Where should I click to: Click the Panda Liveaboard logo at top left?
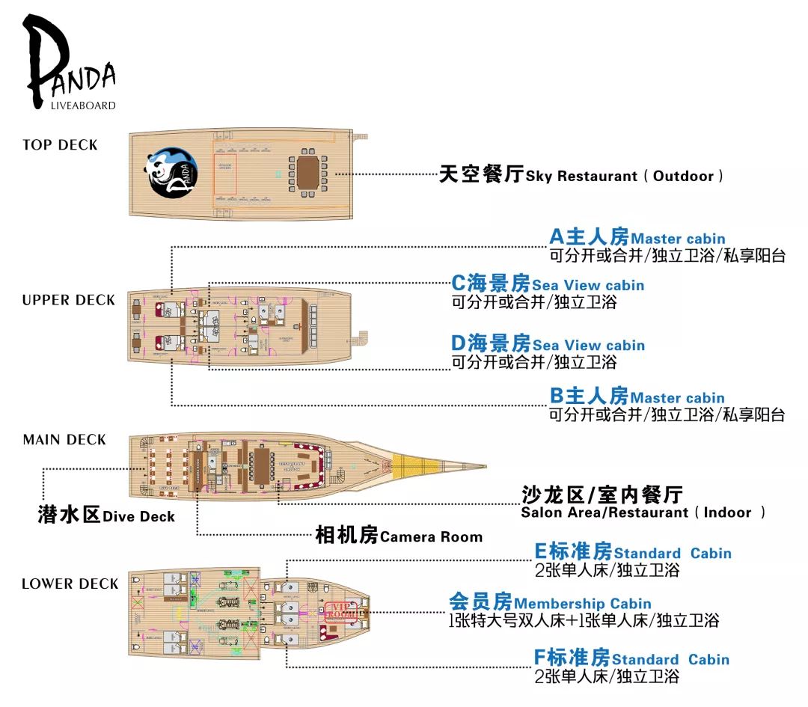point(69,64)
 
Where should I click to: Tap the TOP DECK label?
point(60,145)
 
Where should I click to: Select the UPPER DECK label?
point(69,300)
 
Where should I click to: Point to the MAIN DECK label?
point(64,440)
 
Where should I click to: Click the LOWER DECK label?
point(70,584)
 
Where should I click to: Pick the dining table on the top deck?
point(307,173)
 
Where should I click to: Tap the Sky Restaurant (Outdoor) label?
point(581,176)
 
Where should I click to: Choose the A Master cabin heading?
point(637,238)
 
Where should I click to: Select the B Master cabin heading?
point(637,397)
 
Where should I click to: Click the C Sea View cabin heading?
point(548,284)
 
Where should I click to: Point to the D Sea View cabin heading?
point(548,344)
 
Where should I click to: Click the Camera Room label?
point(399,536)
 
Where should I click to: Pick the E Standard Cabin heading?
point(633,553)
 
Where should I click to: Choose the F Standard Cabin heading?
point(631,659)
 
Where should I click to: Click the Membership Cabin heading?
point(550,603)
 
